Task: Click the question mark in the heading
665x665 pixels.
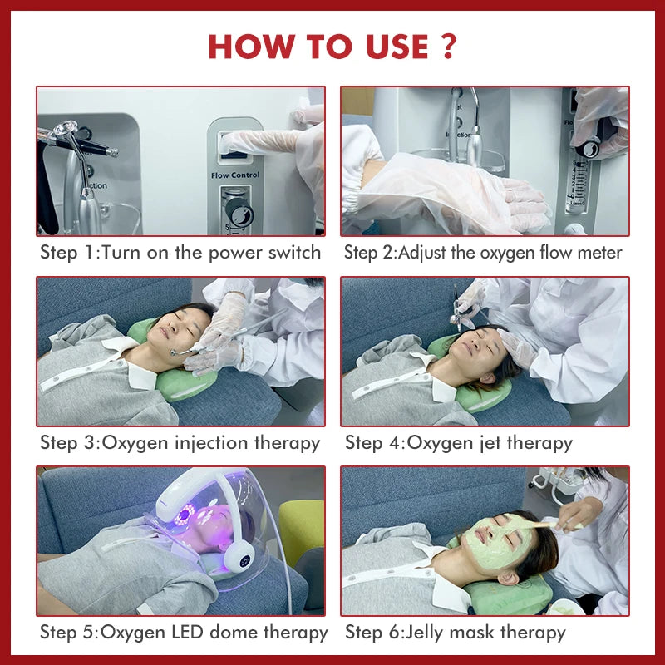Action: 448,46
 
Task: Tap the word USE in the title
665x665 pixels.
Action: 397,47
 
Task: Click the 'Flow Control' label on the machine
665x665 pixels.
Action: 235,175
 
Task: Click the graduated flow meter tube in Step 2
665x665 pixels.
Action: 577,182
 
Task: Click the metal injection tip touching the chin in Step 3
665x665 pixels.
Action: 175,352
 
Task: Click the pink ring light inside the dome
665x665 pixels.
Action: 185,515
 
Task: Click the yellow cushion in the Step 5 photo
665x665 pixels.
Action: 301,530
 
